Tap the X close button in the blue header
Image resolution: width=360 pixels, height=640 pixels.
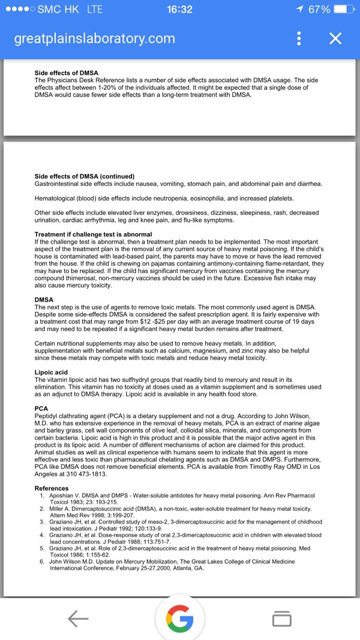click(x=335, y=39)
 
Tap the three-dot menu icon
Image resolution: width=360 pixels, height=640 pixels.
click(x=299, y=39)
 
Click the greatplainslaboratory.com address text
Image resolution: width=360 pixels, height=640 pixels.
click(x=95, y=39)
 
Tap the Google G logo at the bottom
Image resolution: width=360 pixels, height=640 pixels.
click(x=180, y=618)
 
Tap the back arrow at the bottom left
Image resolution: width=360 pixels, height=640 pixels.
click(x=78, y=618)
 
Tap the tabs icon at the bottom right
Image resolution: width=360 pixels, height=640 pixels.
click(x=282, y=618)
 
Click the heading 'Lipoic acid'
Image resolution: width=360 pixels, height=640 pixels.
click(x=52, y=372)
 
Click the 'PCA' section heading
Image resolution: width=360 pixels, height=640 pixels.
click(x=41, y=408)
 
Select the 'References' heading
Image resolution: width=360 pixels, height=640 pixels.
click(x=52, y=488)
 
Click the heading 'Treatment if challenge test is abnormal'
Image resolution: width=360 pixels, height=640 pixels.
click(x=94, y=234)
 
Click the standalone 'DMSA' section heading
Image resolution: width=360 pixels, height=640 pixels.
click(x=44, y=299)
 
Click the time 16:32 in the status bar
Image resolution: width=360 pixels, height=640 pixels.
click(x=179, y=10)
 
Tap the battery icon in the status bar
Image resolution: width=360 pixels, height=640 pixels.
click(x=343, y=10)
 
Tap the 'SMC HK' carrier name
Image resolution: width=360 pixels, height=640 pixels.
click(x=59, y=10)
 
